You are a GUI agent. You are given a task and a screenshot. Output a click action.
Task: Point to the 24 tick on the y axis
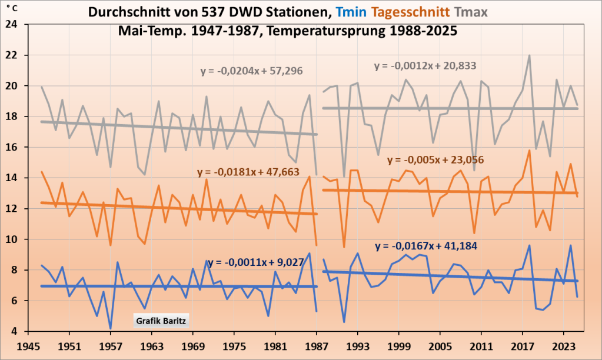[12, 25]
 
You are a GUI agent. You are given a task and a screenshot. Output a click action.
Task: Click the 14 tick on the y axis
[12, 178]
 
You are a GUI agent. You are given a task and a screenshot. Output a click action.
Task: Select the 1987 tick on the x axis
[317, 346]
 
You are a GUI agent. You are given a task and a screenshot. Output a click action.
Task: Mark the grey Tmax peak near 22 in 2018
[529, 56]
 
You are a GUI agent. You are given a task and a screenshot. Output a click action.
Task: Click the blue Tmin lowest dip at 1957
[111, 328]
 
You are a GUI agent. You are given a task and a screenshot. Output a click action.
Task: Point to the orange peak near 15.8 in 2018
[529, 151]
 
